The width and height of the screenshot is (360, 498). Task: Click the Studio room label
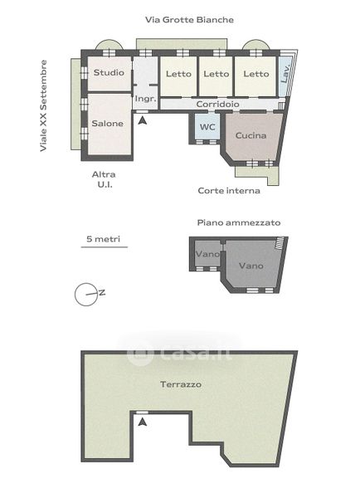point(109,72)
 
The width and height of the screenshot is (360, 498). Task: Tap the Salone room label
point(107,123)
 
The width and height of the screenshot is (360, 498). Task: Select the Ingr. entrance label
point(145,99)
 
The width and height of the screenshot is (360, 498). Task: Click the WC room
point(207,127)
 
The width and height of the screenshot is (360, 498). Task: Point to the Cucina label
point(251,135)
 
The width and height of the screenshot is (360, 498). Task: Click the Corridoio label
point(218,105)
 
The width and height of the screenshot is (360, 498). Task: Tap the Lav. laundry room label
point(285,74)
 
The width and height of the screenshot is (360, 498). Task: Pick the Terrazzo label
point(181,384)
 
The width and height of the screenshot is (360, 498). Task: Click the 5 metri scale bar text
point(104,239)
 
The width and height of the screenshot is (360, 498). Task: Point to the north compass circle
point(85,295)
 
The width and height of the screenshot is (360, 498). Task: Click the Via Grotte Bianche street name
point(189,20)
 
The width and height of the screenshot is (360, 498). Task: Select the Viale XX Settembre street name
point(43,105)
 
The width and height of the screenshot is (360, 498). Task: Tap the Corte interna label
point(229,191)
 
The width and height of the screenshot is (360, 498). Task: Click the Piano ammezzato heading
point(239,222)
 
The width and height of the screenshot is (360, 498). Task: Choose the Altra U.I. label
point(104,179)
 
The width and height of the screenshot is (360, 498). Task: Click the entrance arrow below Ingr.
point(143,120)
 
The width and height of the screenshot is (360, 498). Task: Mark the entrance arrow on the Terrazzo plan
point(143,422)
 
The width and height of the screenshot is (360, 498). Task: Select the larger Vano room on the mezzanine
point(251,266)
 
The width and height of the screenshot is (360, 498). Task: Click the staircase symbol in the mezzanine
point(280,243)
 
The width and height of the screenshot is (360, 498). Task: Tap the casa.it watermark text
point(180,353)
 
